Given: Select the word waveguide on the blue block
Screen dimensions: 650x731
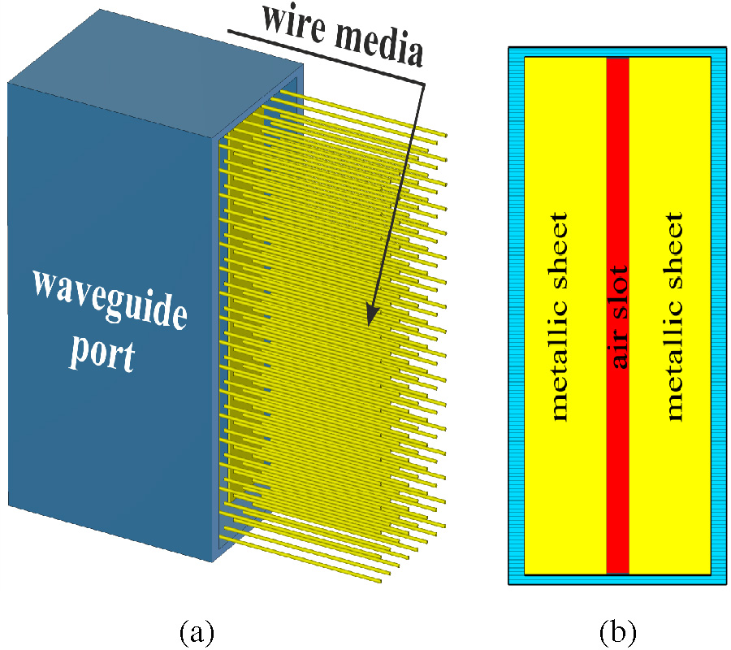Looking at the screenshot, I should coord(109,299).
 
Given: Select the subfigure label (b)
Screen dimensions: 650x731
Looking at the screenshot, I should coord(617,630).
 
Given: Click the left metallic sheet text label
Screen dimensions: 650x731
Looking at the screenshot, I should coord(558,317).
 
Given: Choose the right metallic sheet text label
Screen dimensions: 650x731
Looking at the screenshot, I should coord(673,317).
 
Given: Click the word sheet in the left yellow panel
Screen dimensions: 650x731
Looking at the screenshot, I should coord(558,247).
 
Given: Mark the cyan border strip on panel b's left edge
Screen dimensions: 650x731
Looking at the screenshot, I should coord(517,317).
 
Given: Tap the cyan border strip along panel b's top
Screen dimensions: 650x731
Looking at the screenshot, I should coord(617,52).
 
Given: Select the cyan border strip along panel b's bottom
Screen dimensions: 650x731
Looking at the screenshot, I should coord(617,579).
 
